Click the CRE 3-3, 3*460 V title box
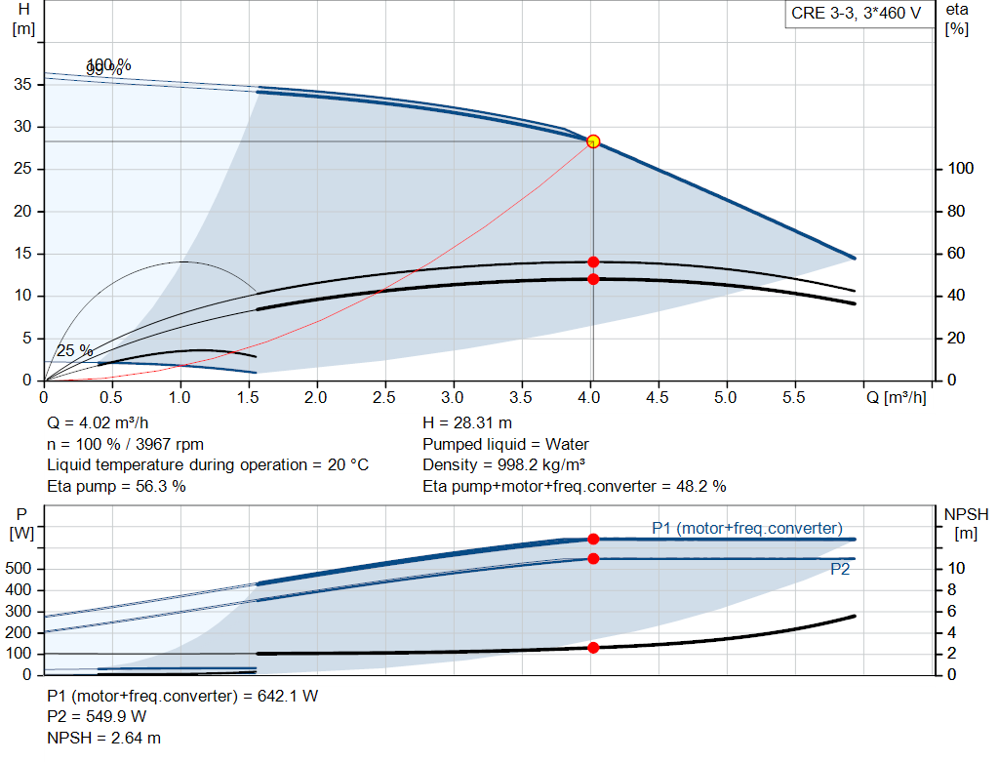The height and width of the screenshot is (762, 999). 857,16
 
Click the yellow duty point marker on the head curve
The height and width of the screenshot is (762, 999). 593,141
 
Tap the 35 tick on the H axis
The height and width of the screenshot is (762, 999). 25,85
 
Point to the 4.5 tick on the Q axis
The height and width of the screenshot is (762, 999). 657,398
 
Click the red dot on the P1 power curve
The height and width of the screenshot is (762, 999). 593,539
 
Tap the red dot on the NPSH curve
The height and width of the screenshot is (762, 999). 593,648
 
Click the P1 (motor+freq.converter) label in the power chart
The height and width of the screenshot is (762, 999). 746,528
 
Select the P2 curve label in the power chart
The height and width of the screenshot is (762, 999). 839,570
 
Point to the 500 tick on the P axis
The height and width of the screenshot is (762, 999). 22,569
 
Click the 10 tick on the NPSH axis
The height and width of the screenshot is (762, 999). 956,569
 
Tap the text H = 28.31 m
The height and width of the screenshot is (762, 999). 467,422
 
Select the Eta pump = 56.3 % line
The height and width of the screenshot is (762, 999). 116,486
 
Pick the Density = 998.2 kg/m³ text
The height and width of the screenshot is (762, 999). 504,464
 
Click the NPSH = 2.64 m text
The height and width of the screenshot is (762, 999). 104,739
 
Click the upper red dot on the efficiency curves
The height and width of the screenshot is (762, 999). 593,261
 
